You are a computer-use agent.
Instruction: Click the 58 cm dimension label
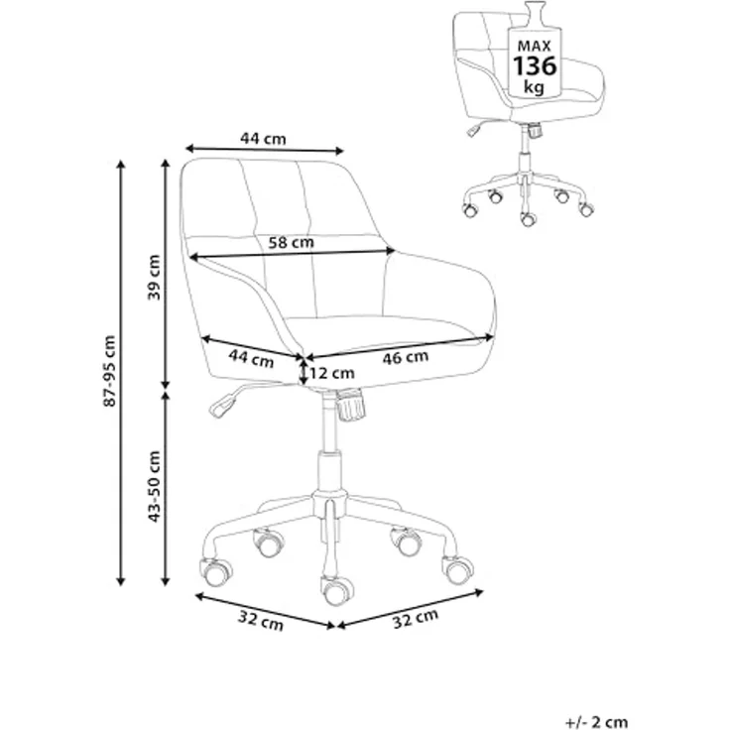[291, 242]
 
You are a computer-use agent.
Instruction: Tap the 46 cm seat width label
[405, 357]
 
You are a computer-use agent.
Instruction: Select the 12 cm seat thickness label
[332, 373]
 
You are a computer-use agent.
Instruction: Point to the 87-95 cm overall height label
[109, 371]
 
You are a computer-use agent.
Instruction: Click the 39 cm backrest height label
[154, 277]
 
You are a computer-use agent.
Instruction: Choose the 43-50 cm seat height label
[154, 486]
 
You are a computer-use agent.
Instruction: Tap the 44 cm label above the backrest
[263, 138]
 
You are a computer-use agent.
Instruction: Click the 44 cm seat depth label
[251, 359]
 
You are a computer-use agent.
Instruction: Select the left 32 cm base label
[261, 621]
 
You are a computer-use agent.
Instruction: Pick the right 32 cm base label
[416, 618]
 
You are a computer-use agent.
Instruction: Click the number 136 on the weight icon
[535, 66]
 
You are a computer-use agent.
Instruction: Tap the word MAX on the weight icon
[535, 46]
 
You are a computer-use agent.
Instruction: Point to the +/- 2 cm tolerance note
[596, 722]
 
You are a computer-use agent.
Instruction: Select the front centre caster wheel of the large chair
[335, 590]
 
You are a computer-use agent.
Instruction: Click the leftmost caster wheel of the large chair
[216, 571]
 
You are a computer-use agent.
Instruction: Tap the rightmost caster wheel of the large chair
[458, 569]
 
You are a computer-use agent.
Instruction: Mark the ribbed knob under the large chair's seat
[350, 406]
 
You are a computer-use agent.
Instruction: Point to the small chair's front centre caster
[528, 218]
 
